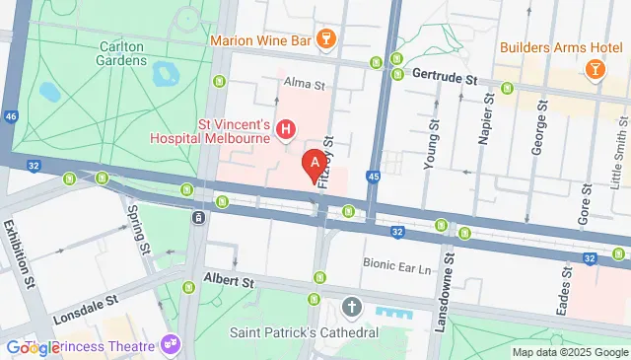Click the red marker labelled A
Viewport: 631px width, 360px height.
click(315, 163)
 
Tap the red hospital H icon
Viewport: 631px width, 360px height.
click(287, 129)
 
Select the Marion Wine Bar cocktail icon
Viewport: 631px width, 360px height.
click(327, 40)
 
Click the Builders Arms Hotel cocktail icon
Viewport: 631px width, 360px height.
click(596, 67)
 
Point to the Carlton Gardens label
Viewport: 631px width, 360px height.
click(137, 53)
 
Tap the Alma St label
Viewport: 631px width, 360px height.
click(304, 84)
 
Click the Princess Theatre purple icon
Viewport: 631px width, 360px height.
click(172, 345)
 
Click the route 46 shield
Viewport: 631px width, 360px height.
click(11, 116)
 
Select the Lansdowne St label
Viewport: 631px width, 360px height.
click(447, 286)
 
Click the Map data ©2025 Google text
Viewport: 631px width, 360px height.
click(570, 352)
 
